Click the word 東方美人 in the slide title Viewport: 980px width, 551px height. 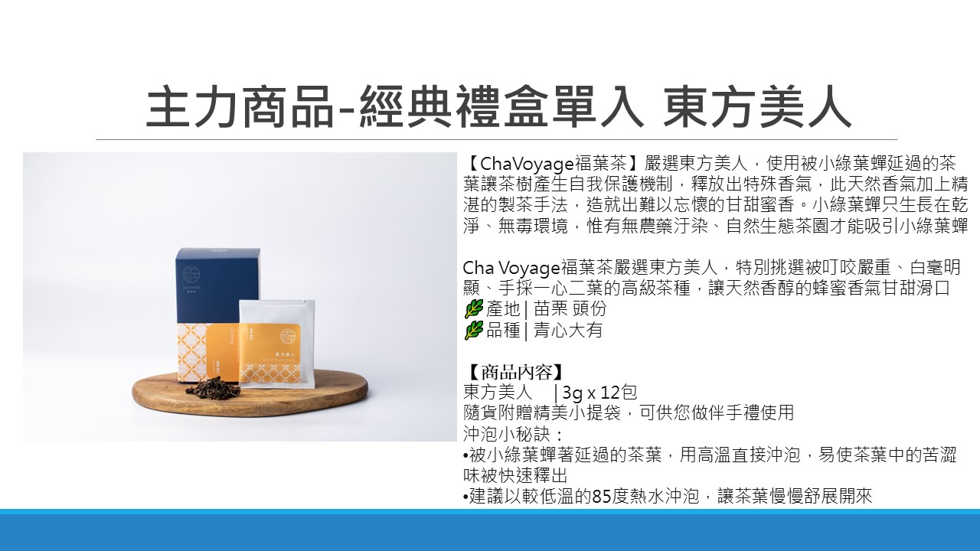tap(756, 107)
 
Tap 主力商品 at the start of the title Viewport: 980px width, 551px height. tap(240, 107)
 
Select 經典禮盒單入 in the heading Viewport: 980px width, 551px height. tap(501, 107)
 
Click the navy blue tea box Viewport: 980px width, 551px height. tap(219, 315)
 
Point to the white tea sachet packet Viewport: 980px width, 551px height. tap(276, 344)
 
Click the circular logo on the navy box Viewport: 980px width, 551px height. tap(191, 274)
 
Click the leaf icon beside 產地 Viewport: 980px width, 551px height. tap(473, 308)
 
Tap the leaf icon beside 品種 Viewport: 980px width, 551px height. tap(473, 330)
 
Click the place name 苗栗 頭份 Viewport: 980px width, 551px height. tap(570, 308)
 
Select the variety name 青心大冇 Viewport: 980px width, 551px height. tap(568, 330)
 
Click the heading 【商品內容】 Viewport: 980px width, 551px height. tap(513, 372)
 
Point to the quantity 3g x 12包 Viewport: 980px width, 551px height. tap(599, 393)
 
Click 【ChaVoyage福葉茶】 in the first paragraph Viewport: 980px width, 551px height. tap(553, 164)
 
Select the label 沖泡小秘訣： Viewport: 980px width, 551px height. tap(513, 434)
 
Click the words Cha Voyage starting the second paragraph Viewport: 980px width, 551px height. tap(511, 267)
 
